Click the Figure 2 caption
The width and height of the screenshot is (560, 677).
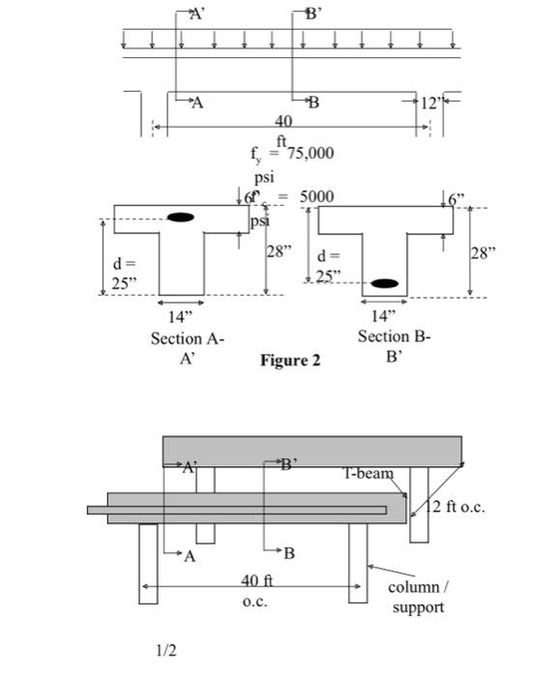point(290,361)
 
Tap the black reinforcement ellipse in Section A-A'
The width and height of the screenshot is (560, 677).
point(180,218)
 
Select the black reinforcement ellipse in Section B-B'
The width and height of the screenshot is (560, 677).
point(385,283)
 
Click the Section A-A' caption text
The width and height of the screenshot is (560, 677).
point(187,348)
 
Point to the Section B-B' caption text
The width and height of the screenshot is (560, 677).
point(394,345)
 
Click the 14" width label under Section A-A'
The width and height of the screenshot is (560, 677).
point(181,316)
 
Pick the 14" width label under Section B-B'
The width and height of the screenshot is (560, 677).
point(385,314)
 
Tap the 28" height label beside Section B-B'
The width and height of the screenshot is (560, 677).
point(483,253)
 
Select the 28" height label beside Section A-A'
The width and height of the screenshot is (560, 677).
point(279,251)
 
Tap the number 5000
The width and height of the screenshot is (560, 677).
point(316,196)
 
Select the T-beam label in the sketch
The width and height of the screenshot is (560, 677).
point(368,473)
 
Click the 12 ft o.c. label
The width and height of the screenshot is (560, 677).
point(454,508)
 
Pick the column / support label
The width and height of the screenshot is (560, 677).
point(419,597)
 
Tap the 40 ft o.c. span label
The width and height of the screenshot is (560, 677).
point(256,590)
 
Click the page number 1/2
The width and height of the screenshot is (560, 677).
point(166,651)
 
